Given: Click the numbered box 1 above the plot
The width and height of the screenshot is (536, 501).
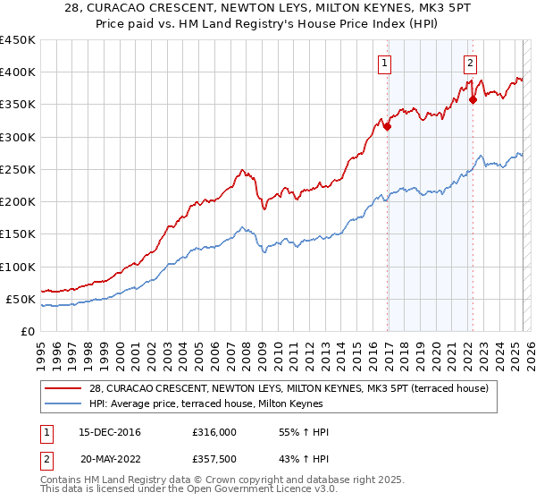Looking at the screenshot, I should coord(384,63).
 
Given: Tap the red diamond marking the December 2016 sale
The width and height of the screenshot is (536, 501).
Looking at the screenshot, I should coord(388,127).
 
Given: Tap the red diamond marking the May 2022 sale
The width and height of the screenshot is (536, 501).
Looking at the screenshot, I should coord(473,100).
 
